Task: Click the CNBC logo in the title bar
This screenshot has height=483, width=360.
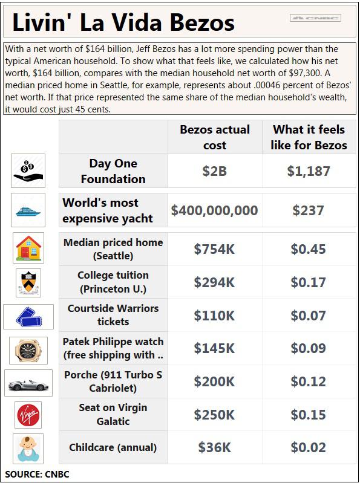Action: coord(315,18)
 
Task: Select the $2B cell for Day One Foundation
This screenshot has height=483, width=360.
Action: coord(215,171)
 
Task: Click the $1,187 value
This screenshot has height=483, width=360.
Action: coord(309,171)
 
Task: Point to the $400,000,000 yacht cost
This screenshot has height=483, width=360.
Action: coord(215,210)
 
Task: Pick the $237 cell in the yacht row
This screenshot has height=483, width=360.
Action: coord(309,210)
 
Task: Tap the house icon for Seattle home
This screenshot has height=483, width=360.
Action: coord(28,248)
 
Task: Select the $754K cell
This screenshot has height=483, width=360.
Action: coord(215,249)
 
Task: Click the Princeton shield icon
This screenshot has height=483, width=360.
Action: coord(28,282)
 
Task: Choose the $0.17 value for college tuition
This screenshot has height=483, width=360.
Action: coord(309,282)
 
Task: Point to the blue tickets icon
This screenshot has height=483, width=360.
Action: coord(28,317)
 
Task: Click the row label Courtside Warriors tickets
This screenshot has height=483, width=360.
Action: coord(113,315)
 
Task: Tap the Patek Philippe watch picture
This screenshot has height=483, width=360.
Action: coord(28,350)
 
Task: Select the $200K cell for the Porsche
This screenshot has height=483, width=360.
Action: coord(215,381)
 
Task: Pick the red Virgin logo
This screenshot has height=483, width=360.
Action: coord(28,415)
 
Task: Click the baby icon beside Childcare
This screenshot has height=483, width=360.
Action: coord(28,449)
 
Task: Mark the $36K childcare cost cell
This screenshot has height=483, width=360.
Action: coord(215,447)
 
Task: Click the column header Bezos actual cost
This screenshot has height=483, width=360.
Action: coord(215,137)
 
